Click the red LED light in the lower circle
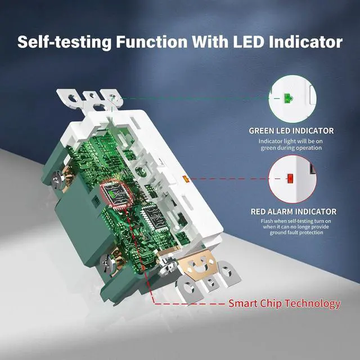[x=290, y=179]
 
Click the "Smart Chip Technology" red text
[x=284, y=304]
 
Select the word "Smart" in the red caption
[x=243, y=304]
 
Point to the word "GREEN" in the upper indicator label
[x=263, y=130]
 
